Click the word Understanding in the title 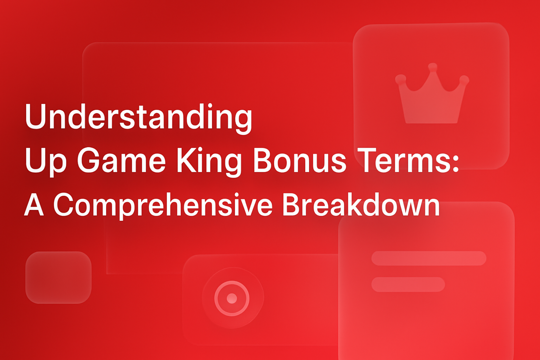coord(138,117)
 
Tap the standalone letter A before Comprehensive coord(34,205)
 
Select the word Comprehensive coord(163,205)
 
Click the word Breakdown coord(361,205)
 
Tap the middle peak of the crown coord(432,67)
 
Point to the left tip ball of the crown coord(400,79)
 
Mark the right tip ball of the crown coord(464,80)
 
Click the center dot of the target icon coord(232,298)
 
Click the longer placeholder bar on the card coord(429,258)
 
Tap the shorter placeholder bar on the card coord(408,284)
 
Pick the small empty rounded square coord(58,277)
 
